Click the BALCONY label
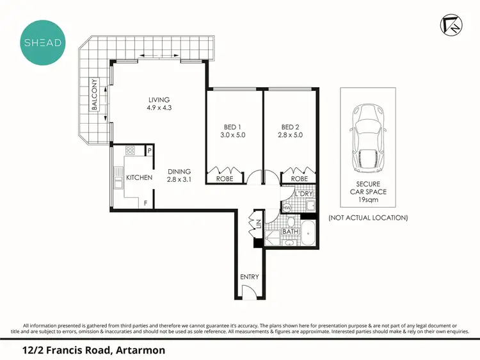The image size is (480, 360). click(x=95, y=95)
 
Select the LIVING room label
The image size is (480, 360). click(x=159, y=99)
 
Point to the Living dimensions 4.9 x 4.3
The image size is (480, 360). click(x=159, y=108)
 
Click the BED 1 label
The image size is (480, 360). click(x=232, y=126)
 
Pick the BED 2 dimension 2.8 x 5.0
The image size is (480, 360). click(x=290, y=135)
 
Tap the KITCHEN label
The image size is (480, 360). click(x=139, y=177)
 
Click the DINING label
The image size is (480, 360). click(x=179, y=172)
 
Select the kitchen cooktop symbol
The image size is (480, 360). click(x=130, y=151)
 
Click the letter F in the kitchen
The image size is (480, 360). click(x=145, y=204)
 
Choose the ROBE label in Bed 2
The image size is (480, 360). click(x=300, y=179)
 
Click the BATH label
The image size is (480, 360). click(x=292, y=231)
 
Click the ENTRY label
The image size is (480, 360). click(x=249, y=276)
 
